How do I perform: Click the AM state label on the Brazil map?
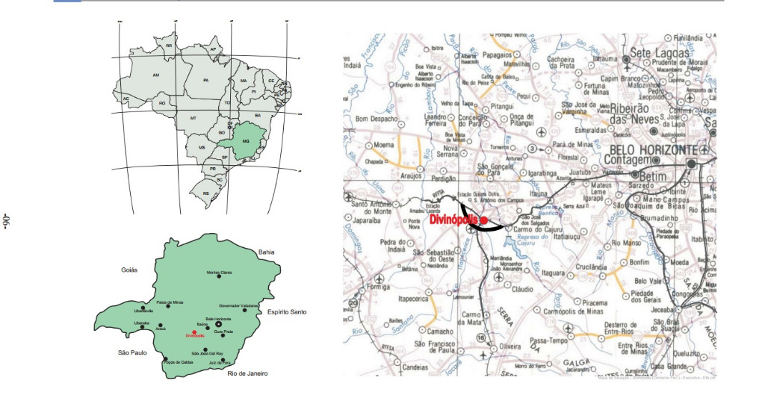pos(156,75)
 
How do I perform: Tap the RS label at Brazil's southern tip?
pos(206,193)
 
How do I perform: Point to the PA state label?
pos(205,79)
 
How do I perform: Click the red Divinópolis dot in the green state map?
pos(193,332)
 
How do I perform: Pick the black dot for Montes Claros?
pos(220,277)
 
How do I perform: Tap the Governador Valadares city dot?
pos(239,310)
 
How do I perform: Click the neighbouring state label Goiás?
pos(132,270)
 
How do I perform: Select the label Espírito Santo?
pos(288,311)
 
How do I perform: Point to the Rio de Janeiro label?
pos(248,373)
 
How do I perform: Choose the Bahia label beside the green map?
pos(267,252)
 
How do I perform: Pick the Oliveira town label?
pos(510,346)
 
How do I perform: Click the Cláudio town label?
pos(521,288)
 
